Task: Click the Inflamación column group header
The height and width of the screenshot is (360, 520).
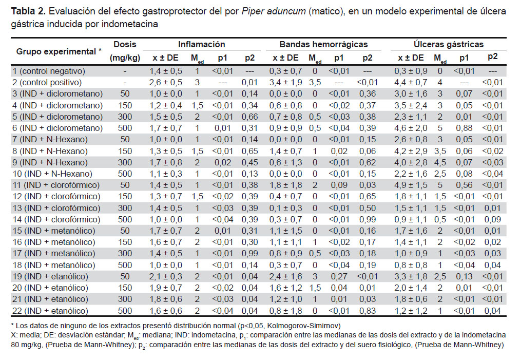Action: [x=201, y=44]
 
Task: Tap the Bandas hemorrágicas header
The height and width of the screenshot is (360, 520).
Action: [x=323, y=44]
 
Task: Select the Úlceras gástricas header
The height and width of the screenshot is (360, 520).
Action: [x=448, y=44]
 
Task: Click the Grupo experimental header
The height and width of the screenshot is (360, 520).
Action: [x=59, y=51]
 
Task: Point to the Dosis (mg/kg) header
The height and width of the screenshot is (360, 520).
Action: [x=125, y=51]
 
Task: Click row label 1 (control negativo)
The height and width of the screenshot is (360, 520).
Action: [x=49, y=71]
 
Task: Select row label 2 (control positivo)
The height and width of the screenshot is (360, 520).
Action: [x=47, y=82]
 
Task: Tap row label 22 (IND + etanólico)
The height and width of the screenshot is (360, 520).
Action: [x=50, y=311]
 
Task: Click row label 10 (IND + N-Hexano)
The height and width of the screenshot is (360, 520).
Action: [x=52, y=174]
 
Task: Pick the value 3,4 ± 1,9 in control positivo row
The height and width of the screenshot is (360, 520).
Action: [x=285, y=82]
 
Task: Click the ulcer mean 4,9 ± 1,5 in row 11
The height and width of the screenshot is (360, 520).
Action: [x=411, y=185]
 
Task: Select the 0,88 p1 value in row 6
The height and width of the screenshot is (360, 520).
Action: [x=464, y=128]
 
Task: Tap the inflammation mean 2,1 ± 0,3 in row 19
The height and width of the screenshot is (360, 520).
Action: [x=165, y=276]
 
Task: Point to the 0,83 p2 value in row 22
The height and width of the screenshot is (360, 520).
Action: [x=368, y=311]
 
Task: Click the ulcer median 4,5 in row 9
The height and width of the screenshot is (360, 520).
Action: [x=440, y=163]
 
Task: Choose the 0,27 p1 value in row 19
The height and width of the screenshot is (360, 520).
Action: [x=339, y=276]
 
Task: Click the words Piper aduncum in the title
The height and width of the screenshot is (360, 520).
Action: [x=274, y=11]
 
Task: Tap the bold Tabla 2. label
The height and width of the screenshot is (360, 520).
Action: [x=28, y=11]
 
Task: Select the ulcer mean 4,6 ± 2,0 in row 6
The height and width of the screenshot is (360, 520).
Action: [x=411, y=128]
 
